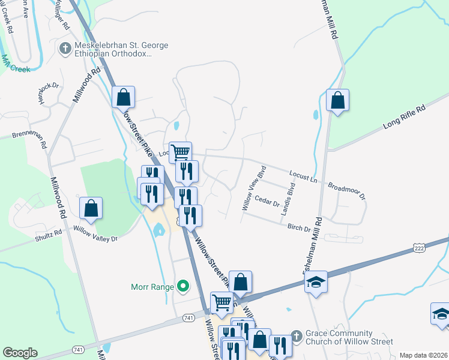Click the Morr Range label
pyautogui.click(x=152, y=287)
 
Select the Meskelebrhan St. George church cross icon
pyautogui.click(x=65, y=47)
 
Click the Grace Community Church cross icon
pyautogui.click(x=295, y=334)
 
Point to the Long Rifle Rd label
pyautogui.click(x=404, y=118)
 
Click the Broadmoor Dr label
pyautogui.click(x=346, y=188)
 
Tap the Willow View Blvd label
pyautogui.click(x=253, y=188)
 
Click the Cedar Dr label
pyautogui.click(x=267, y=202)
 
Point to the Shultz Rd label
pyautogui.click(x=50, y=233)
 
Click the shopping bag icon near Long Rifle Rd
pyautogui.click(x=338, y=100)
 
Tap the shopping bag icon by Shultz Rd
pyautogui.click(x=91, y=208)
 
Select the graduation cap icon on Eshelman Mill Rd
pyautogui.click(x=315, y=282)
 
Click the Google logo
pyautogui.click(x=20, y=353)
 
